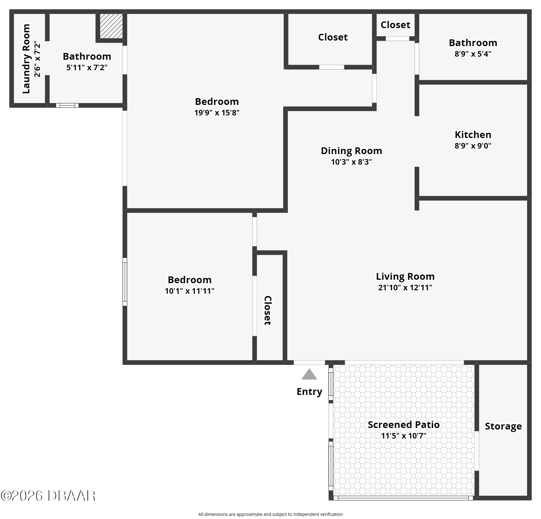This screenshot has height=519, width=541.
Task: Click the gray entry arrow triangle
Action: (x=309, y=374)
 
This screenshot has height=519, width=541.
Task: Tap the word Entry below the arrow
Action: (x=309, y=392)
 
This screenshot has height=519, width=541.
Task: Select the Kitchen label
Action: (x=473, y=135)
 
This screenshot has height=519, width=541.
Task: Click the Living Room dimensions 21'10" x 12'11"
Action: (x=405, y=288)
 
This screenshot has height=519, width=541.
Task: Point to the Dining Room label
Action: (x=351, y=151)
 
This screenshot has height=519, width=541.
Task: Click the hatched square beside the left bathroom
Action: (x=111, y=26)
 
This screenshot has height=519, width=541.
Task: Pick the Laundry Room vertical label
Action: (x=27, y=59)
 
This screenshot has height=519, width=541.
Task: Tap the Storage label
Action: (x=503, y=426)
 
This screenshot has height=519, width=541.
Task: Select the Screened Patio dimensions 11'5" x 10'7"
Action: (x=404, y=436)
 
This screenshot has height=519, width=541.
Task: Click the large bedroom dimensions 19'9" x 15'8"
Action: (x=217, y=113)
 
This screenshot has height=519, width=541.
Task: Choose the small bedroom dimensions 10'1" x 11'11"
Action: (x=189, y=291)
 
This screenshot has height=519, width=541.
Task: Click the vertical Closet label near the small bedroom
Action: (x=268, y=310)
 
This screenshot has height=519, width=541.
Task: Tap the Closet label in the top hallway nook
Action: (x=395, y=25)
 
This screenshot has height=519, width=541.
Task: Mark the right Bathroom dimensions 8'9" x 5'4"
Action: (x=473, y=54)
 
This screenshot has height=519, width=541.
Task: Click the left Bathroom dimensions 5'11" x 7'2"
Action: (x=87, y=67)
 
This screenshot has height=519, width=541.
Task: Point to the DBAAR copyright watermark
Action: (x=48, y=496)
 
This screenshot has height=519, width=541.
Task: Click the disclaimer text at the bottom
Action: (x=270, y=514)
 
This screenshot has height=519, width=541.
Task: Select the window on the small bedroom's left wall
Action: (x=125, y=282)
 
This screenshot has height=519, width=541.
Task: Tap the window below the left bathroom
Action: (x=67, y=105)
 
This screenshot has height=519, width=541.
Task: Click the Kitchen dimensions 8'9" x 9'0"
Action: (x=473, y=146)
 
